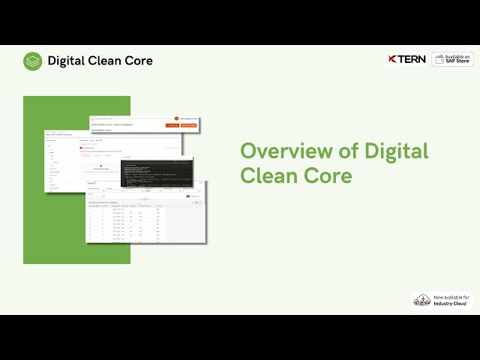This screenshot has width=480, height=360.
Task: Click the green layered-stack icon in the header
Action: pos(32,61)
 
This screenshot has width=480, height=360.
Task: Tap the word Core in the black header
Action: pos(139,61)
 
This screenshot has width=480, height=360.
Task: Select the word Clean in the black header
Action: pos(106,61)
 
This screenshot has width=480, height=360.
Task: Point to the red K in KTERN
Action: pos(392,59)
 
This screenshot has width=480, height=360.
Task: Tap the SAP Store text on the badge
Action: pos(457,61)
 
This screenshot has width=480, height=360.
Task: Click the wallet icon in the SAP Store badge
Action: pos(439,59)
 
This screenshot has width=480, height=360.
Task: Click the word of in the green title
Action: pos(348,151)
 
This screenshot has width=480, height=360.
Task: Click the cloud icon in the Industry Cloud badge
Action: pos(421,300)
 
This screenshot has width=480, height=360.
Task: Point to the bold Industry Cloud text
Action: pos(451,304)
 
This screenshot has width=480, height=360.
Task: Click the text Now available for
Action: pos(451,297)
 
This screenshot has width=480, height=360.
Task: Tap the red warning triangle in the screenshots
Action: pos(100,166)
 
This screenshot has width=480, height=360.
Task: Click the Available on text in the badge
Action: pos(457,56)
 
